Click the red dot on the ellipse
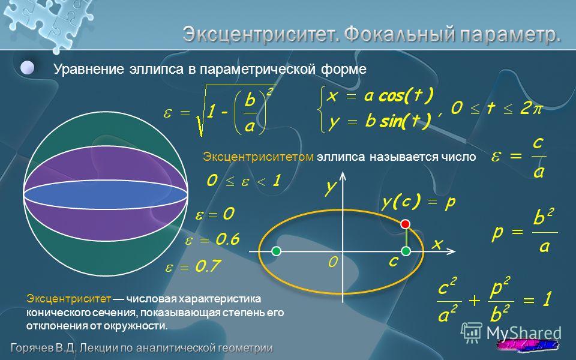(x=405, y=224)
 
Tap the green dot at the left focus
(x=276, y=251)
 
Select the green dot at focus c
(x=406, y=251)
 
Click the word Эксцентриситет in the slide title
(x=261, y=35)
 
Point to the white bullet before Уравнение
(x=28, y=68)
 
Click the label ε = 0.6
(x=212, y=239)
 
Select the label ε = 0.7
(x=193, y=266)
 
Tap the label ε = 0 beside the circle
(x=215, y=214)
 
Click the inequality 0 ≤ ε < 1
(x=244, y=181)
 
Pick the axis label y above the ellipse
(x=330, y=187)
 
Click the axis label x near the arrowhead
(x=437, y=244)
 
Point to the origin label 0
(x=333, y=262)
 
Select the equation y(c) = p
(x=419, y=202)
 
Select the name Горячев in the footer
(x=32, y=348)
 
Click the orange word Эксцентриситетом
(x=258, y=157)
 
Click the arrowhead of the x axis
(x=451, y=251)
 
